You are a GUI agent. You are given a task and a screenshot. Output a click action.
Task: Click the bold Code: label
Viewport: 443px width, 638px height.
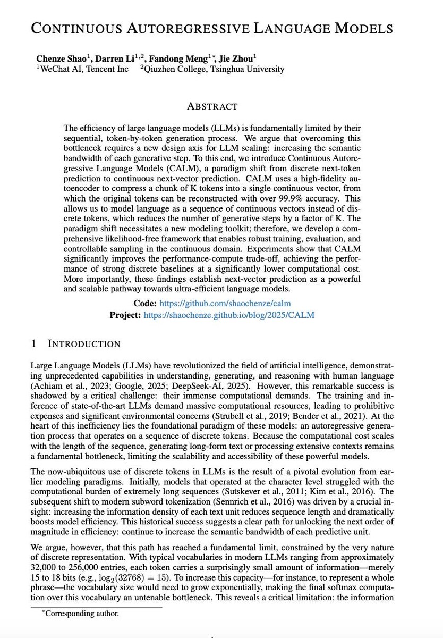(144, 304)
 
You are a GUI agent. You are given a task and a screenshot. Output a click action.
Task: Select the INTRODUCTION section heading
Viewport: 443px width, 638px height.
(84, 344)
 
